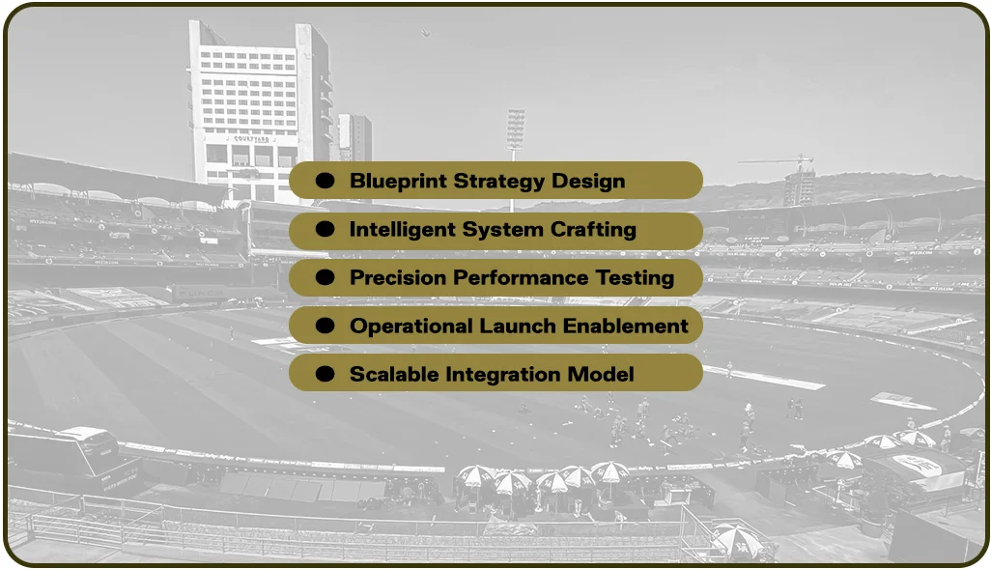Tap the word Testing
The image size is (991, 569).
[x=633, y=278]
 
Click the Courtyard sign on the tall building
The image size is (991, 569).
[x=250, y=139]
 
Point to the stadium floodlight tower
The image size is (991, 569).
[x=516, y=129]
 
